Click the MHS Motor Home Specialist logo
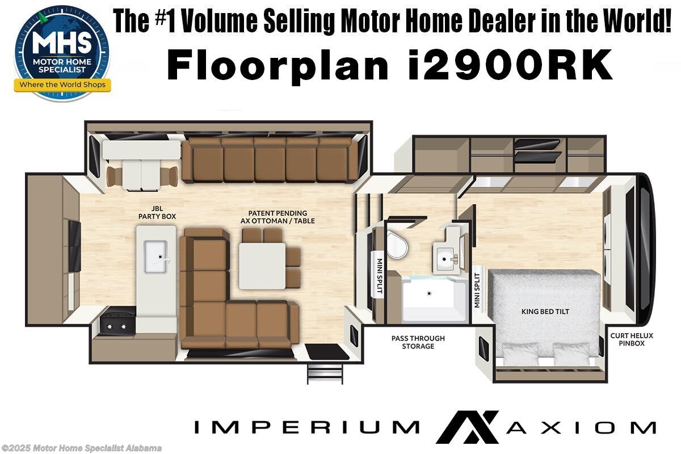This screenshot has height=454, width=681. coord(62,53)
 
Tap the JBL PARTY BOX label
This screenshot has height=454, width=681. coord(157,212)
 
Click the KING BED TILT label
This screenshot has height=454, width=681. coord(545,312)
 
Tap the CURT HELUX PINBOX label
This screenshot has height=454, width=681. coord(632,339)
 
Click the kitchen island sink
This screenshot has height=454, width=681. coord(155,257)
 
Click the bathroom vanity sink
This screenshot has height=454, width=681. coord(448,259)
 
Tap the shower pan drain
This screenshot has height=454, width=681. coord(430,293)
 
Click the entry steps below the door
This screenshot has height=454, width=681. coord(325,373)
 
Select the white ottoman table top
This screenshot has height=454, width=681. coord(262,266)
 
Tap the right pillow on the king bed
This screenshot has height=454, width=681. coord(571,354)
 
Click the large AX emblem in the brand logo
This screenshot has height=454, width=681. coord(467,426)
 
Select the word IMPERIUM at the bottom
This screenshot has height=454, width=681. coord(306,427)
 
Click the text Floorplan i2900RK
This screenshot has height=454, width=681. coord(389,66)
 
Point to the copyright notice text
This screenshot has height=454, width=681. coord(81,448)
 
